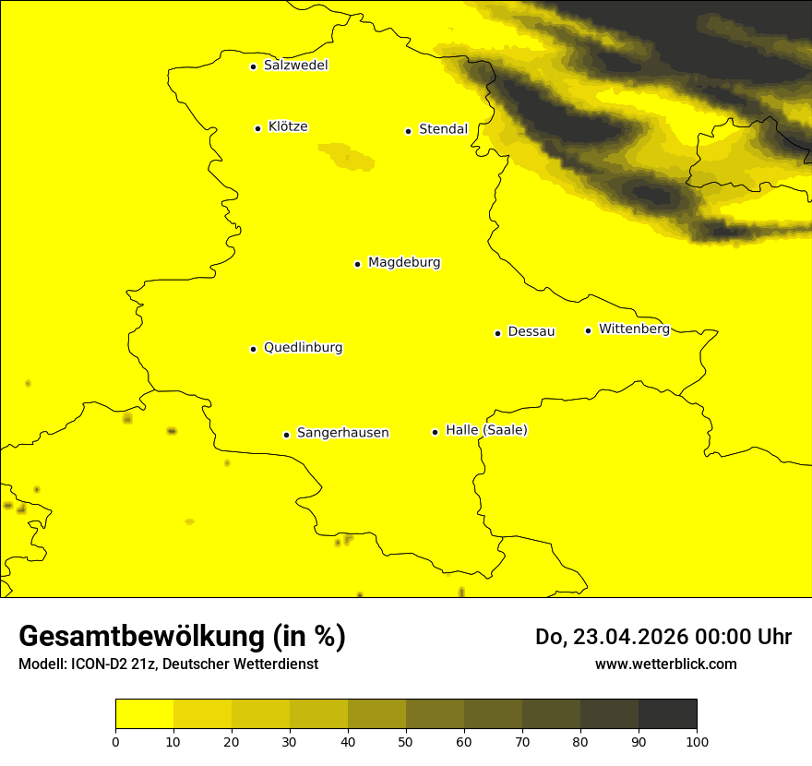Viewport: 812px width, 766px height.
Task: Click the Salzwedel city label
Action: tap(295, 66)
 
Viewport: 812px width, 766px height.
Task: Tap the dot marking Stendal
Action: tap(408, 131)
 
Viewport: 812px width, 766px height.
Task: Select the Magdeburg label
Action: tap(404, 263)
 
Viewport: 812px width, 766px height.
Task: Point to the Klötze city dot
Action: tap(257, 128)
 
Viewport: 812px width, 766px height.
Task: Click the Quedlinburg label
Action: tap(303, 348)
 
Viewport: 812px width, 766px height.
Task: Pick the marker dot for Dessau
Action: tap(497, 333)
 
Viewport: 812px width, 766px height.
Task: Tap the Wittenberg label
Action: tap(634, 329)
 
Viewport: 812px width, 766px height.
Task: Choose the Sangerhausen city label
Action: tap(342, 433)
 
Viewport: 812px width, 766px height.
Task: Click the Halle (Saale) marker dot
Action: tap(435, 432)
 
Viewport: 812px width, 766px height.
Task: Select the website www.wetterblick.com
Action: tap(666, 664)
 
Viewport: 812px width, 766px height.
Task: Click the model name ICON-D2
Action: tap(98, 664)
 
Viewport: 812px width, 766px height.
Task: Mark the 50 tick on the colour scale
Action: tap(406, 741)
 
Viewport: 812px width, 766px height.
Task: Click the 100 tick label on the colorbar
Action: tap(697, 741)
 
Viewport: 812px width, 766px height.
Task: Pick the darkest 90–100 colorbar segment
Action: tap(667, 714)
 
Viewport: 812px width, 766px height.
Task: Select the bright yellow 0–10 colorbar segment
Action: tap(144, 714)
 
